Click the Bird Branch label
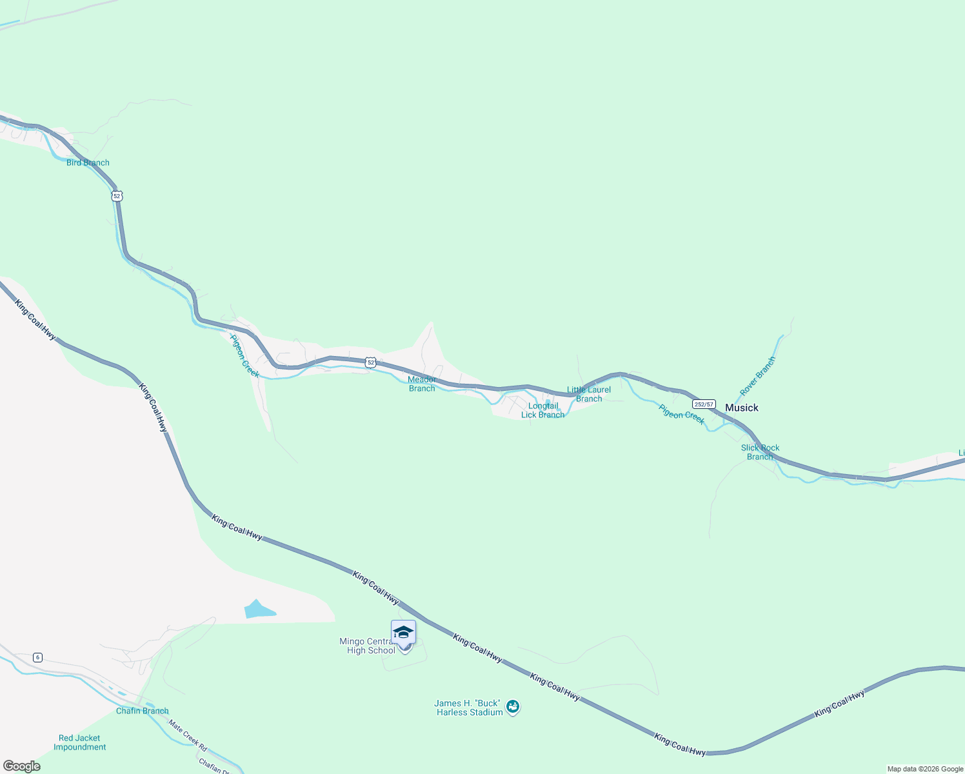(x=88, y=163)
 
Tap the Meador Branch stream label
(x=422, y=384)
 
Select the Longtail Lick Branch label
(x=542, y=410)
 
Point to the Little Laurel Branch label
(x=589, y=394)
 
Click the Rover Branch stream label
(x=757, y=377)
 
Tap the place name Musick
(x=742, y=408)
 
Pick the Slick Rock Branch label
(x=760, y=452)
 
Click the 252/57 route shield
(x=704, y=404)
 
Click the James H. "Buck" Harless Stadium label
(x=469, y=708)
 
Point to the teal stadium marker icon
(x=513, y=707)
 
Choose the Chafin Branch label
(x=142, y=711)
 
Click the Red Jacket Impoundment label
(x=80, y=742)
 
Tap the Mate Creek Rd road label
(x=188, y=735)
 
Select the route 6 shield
(x=38, y=657)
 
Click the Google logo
(x=22, y=766)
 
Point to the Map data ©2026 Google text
(x=925, y=769)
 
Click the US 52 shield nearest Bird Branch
(x=116, y=195)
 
